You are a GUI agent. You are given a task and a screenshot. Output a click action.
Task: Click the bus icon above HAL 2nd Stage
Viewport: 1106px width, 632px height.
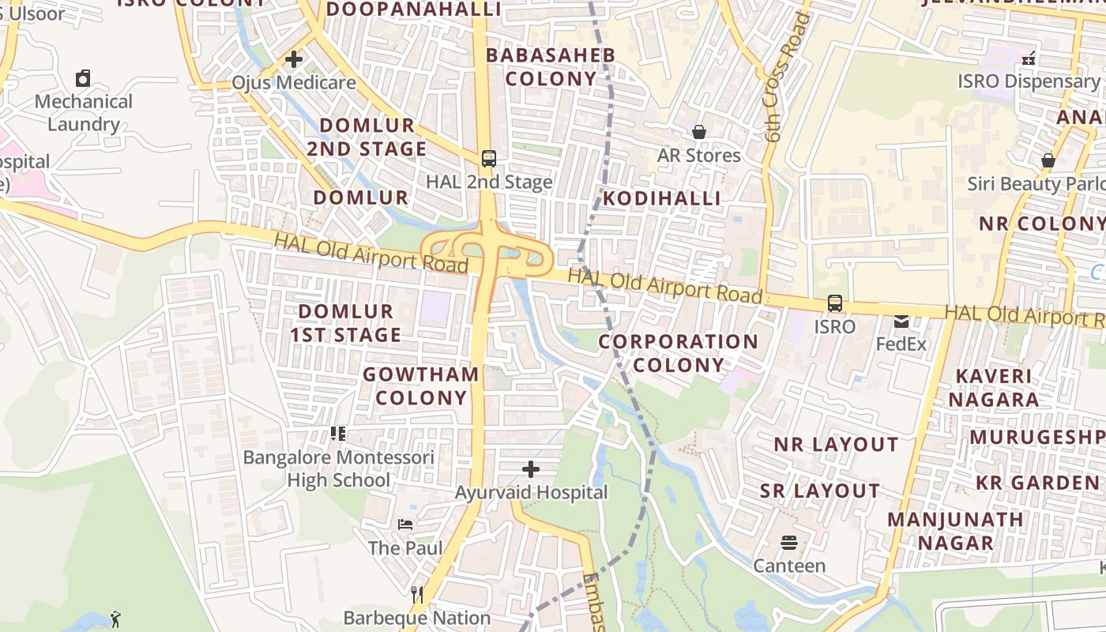click(489, 158)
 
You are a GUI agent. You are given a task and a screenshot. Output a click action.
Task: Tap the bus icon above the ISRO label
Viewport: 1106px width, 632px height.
click(834, 303)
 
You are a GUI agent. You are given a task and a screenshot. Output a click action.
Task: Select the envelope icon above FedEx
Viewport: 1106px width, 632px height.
click(901, 322)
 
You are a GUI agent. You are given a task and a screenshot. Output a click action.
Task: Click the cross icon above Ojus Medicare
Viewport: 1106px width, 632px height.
click(294, 59)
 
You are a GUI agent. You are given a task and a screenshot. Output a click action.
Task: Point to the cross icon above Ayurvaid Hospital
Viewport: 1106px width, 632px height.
click(531, 470)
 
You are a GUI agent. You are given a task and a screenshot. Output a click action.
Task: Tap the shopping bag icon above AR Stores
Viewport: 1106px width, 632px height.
click(699, 131)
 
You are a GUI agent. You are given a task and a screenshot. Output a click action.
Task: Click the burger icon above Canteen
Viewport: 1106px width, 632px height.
click(788, 543)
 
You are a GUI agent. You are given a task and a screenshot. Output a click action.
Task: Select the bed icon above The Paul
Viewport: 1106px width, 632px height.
click(405, 525)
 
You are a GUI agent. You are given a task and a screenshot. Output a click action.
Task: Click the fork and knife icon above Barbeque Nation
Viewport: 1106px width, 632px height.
click(417, 594)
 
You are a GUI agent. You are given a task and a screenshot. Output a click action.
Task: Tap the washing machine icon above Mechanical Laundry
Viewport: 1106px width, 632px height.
click(83, 78)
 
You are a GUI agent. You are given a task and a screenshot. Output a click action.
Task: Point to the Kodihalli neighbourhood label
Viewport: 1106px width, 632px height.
click(662, 198)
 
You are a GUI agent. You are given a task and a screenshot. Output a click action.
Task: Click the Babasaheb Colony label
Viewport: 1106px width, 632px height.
click(551, 67)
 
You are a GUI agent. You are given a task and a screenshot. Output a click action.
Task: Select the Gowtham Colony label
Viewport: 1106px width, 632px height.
click(421, 386)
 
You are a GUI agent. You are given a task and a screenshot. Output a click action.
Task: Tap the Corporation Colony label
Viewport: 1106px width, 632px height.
click(678, 353)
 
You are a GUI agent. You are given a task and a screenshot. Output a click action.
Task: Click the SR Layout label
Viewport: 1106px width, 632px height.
click(820, 491)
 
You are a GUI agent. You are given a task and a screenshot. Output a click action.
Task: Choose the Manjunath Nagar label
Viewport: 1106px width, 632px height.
click(955, 531)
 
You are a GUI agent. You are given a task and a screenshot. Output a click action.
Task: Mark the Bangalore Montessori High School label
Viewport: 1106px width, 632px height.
click(339, 468)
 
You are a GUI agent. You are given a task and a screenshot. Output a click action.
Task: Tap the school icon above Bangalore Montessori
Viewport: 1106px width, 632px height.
click(338, 434)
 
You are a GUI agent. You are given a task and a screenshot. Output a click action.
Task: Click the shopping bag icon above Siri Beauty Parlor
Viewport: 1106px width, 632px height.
click(1048, 160)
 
